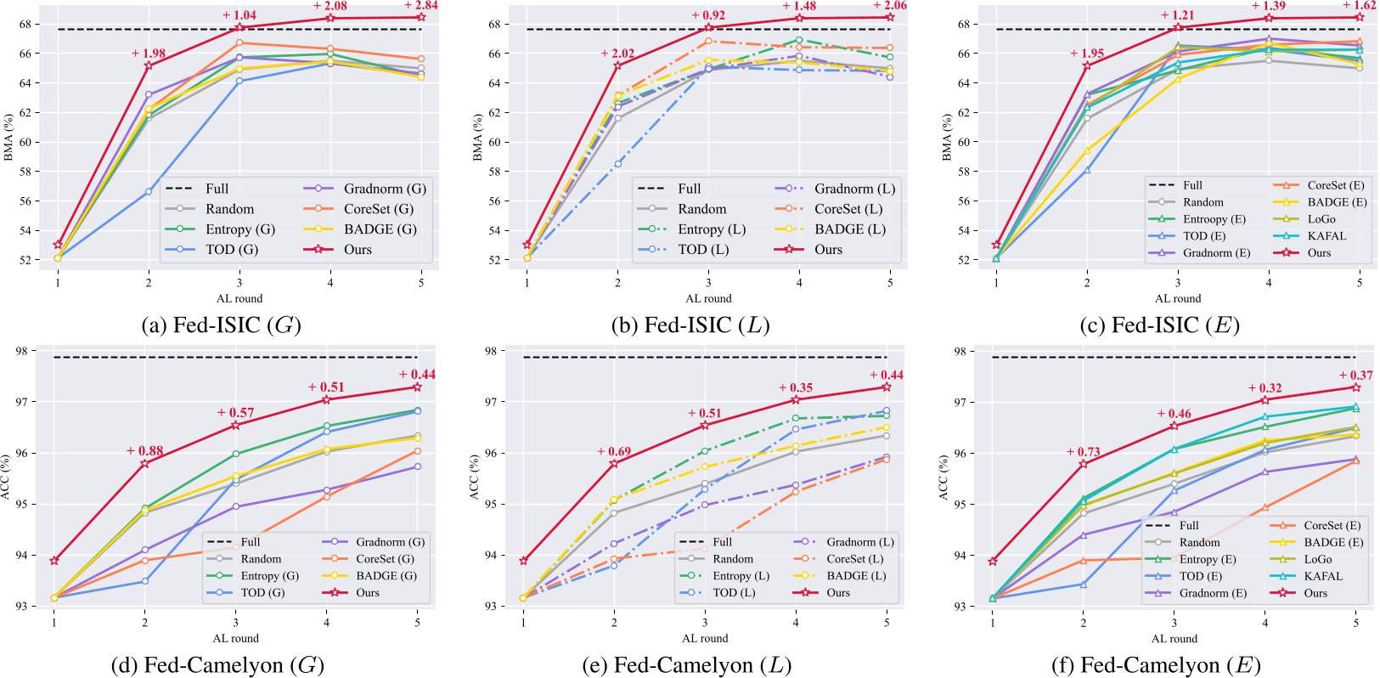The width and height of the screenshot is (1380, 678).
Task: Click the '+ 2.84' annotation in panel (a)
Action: click(421, 6)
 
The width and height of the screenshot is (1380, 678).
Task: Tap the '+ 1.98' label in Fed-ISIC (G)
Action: click(149, 54)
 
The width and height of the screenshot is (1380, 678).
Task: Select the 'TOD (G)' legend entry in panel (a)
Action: click(231, 250)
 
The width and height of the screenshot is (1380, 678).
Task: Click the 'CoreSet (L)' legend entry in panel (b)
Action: click(848, 209)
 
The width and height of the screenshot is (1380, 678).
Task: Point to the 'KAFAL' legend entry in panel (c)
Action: click(1326, 236)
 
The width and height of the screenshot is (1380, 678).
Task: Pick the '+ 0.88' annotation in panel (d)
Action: click(144, 451)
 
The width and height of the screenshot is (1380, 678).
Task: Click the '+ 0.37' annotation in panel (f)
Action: click(1355, 376)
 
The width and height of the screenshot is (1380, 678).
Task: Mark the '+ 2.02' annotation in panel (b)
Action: click(617, 54)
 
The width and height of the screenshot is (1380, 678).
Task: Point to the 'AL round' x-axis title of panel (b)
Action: click(708, 299)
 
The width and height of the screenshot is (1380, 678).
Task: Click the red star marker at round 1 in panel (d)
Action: click(54, 561)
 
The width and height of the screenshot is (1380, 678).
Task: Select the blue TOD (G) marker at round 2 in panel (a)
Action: click(149, 192)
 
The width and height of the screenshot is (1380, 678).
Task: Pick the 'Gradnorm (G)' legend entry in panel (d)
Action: click(390, 542)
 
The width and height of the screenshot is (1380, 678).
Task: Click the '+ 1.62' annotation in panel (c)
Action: click(1359, 6)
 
